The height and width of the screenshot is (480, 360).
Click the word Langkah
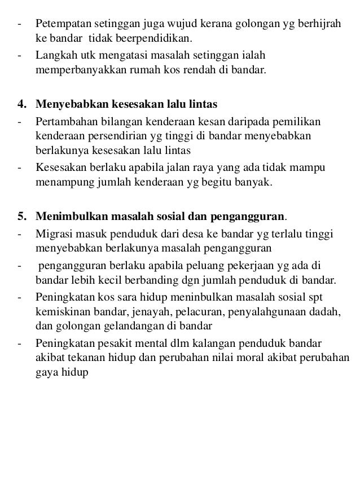[55, 56]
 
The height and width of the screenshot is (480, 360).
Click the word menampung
[59, 183]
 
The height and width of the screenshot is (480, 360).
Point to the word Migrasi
[54, 233]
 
